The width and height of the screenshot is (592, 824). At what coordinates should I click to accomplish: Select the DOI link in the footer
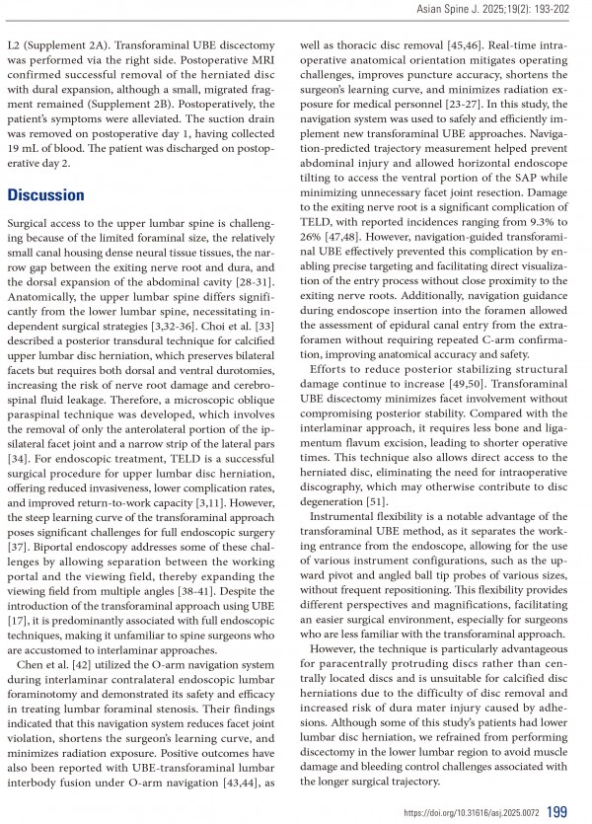(x=472, y=812)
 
